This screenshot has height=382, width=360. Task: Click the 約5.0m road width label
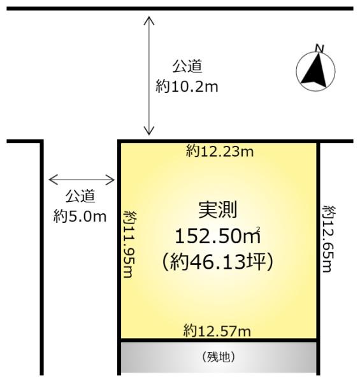[x=80, y=216]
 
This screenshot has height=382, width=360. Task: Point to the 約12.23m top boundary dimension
[x=218, y=150]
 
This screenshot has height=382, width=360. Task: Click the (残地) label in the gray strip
[x=218, y=358]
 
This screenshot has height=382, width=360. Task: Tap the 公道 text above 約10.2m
[x=187, y=67]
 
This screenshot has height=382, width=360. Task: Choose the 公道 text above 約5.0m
[x=80, y=197]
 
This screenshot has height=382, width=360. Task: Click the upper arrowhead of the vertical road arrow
[x=149, y=18]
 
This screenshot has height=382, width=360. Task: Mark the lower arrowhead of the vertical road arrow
[x=149, y=133]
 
